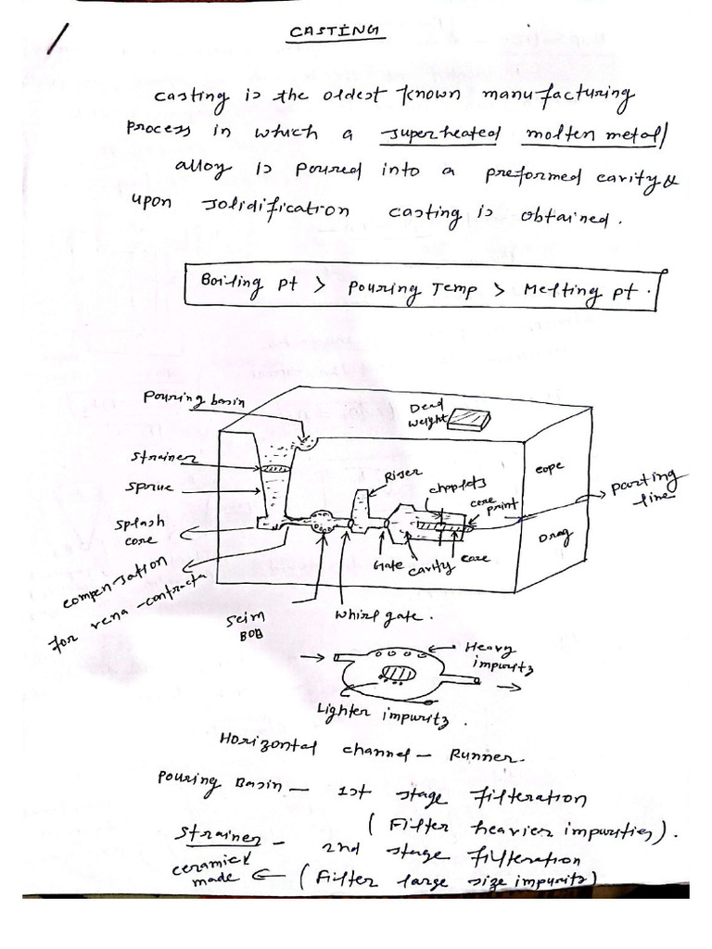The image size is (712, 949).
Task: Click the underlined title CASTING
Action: [x=335, y=33]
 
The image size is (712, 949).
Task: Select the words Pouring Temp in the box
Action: [x=409, y=288]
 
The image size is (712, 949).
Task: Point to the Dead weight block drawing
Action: [x=466, y=420]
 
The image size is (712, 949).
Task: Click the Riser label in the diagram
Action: [x=404, y=475]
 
